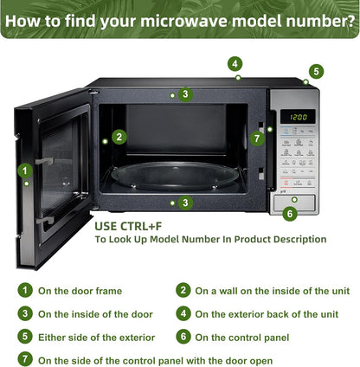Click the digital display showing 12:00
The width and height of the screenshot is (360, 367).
298,117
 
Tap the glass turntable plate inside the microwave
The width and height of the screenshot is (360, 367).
175,175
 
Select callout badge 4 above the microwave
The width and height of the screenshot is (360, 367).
235,64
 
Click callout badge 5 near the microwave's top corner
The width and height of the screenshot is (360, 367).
317,71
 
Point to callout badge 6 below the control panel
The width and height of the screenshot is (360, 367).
290,214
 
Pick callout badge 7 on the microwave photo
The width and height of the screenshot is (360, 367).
257,138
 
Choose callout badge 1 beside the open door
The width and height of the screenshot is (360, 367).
25,171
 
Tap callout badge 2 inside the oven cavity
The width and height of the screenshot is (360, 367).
119,137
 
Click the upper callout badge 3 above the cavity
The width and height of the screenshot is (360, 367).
185,94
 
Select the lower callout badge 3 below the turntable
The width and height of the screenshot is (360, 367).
185,203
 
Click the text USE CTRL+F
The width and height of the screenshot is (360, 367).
128,227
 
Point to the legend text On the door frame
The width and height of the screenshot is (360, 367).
80,291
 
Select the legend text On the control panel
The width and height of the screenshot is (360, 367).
242,338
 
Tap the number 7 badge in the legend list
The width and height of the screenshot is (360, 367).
25,359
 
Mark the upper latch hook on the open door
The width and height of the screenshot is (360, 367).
45,160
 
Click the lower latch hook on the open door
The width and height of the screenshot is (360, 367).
45,221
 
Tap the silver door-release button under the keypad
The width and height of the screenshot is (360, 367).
294,203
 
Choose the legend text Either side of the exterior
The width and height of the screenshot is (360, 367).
97,338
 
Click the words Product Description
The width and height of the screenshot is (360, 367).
280,239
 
